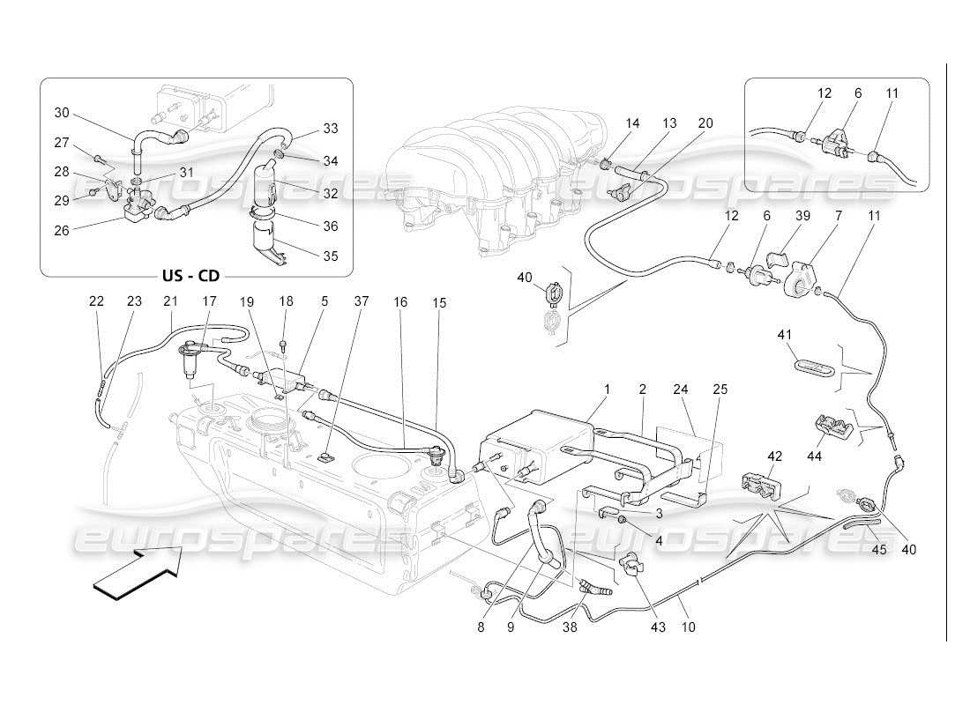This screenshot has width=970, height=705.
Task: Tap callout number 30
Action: (61, 112)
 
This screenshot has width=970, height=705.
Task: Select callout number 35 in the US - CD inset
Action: (331, 257)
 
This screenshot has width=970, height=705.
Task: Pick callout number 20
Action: (705, 123)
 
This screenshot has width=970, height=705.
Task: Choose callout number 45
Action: (879, 549)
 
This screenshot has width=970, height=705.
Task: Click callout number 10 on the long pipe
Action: (688, 627)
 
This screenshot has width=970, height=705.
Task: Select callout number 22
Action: (96, 302)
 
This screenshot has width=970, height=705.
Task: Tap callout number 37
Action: (361, 302)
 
